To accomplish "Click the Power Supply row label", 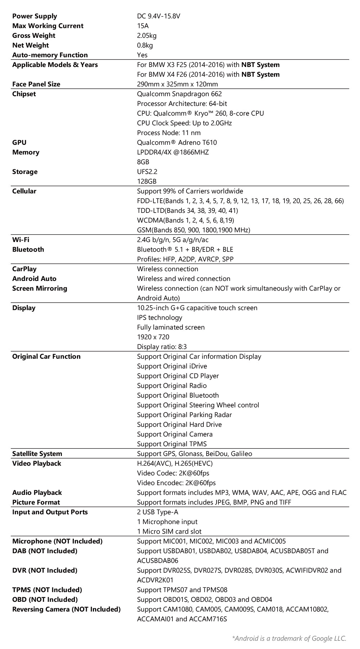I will coord(35,16).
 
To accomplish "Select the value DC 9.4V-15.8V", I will coord(158,16).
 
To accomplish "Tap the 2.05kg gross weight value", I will coord(147,36).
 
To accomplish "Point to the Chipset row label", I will coord(24,94).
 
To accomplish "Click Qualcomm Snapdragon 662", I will coord(179,94).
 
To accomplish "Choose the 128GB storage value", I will coord(147,182).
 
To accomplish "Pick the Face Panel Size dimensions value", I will coord(177,84).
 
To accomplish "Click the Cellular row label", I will coord(24,191).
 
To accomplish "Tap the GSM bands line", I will coord(194,230).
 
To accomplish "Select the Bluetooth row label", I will coord(28,250).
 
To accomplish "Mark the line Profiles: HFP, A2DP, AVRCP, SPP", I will coord(185,259).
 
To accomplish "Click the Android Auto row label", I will coord(34,279).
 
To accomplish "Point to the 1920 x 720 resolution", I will coord(153,337).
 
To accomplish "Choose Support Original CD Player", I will coord(178,376).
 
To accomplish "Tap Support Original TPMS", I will coord(172,444).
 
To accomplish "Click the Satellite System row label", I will coord(37,454).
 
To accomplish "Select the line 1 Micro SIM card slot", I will coord(169,532).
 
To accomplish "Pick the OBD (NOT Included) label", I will coord(45,600).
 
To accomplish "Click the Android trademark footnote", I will coord(289,639).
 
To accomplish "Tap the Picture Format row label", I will coord(36,502).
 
